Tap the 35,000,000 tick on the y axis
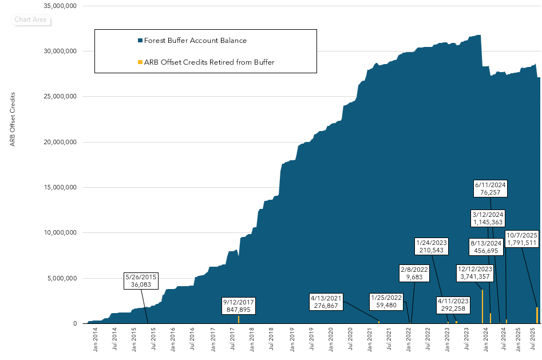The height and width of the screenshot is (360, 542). point(63,6)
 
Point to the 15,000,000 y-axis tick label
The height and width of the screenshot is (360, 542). point(63,187)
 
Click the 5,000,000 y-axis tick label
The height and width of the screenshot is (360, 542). point(65,278)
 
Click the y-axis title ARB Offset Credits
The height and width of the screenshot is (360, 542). point(13,118)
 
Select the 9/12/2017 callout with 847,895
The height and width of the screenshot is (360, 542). point(239,306)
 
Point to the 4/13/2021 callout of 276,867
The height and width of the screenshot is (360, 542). point(326,302)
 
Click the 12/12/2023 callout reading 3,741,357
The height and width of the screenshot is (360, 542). point(475,273)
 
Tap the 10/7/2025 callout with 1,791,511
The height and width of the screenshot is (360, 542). point(522,239)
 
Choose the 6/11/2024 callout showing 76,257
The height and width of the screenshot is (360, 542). point(490,189)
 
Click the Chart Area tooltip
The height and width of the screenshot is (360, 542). point(31,19)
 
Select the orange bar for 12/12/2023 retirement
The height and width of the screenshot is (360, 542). point(483,307)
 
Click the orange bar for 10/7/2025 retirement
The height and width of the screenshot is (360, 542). point(537,315)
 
